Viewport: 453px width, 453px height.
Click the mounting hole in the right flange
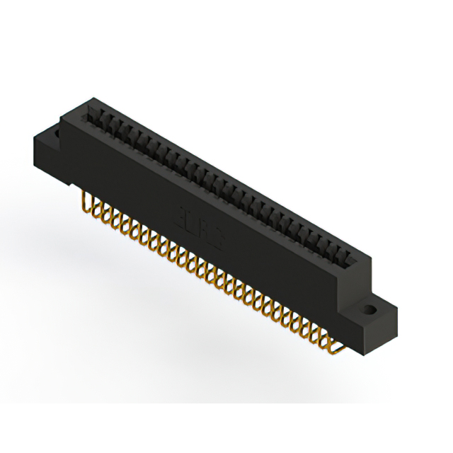(370, 309)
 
